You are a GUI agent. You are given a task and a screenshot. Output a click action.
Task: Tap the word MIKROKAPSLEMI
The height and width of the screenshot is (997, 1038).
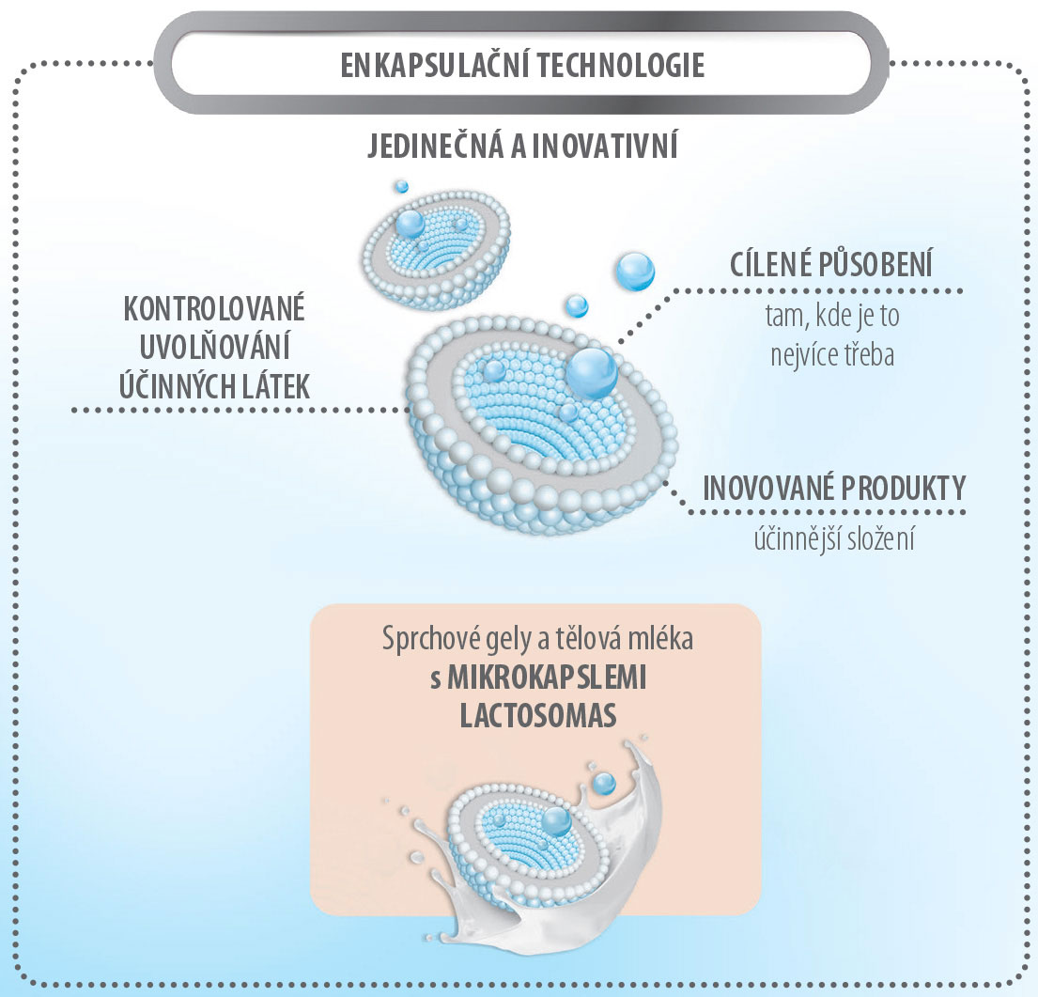point(547,678)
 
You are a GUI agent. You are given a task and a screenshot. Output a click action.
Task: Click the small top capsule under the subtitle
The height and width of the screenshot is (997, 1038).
point(436,245)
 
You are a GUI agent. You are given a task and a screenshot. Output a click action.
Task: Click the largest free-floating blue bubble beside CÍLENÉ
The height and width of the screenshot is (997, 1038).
point(634,271)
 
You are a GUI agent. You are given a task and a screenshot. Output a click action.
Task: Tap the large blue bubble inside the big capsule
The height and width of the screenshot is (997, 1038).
point(591,372)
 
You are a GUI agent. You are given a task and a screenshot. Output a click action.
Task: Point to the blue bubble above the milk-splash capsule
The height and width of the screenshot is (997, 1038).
point(603,782)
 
